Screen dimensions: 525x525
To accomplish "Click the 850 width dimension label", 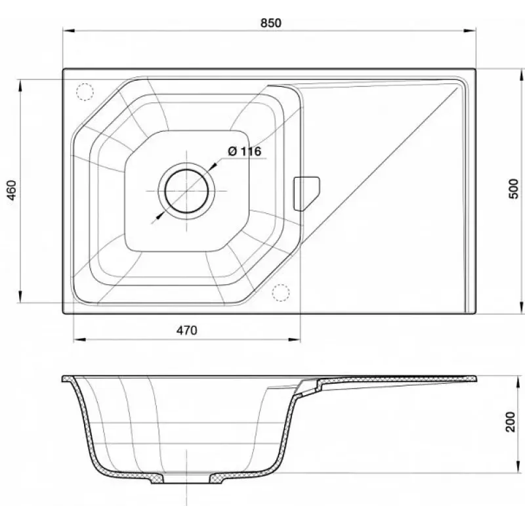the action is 271,23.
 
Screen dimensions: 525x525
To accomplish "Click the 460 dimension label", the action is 12,190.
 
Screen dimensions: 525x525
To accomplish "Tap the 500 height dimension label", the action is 513,189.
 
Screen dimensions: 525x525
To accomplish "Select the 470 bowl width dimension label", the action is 187,331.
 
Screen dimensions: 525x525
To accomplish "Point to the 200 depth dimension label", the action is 511,422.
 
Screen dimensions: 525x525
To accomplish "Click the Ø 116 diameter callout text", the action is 244,152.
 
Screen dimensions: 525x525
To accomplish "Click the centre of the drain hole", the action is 186,191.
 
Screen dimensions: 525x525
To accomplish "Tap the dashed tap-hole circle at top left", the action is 85,92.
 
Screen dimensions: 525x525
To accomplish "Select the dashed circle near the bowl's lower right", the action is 281,293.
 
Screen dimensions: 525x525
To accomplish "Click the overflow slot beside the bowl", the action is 306,194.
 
